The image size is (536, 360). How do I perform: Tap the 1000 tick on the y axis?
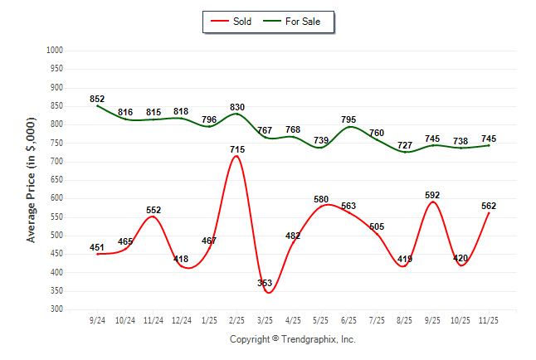coord(56,51)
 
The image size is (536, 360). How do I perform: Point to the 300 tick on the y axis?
coord(58,309)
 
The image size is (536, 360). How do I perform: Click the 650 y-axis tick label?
coord(58,180)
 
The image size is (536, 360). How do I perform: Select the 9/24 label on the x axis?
coord(97,319)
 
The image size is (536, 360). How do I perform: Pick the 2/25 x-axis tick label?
coord(236,319)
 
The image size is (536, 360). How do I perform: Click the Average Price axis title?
coord(32,180)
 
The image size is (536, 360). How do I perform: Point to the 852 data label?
coord(97,99)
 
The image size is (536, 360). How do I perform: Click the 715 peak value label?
coord(236,149)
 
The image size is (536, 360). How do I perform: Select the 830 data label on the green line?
coord(236,107)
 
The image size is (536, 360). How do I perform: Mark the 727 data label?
coord(404,145)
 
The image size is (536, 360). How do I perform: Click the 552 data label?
coord(153,210)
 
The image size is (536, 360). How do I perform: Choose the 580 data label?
coord(321,199)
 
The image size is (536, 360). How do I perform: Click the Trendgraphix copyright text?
coord(292,339)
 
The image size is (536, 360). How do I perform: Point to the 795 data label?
coord(349,120)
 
